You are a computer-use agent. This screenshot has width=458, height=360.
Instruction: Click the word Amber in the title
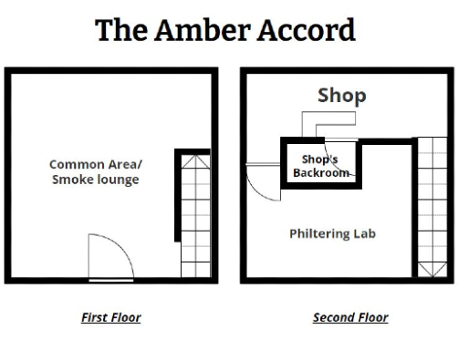pyautogui.click(x=203, y=30)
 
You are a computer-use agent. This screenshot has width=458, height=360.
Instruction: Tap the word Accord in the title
pyautogui.click(x=307, y=30)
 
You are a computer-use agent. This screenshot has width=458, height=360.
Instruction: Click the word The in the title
pyautogui.click(x=121, y=30)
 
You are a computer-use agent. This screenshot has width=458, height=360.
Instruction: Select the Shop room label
pyautogui.click(x=342, y=97)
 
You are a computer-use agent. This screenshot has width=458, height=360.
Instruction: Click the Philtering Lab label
pyautogui.click(x=332, y=233)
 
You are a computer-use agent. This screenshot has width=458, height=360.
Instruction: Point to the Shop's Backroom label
pyautogui.click(x=320, y=166)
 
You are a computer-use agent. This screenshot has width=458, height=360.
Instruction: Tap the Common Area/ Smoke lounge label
pyautogui.click(x=96, y=172)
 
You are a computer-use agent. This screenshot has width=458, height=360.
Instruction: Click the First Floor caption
pyautogui.click(x=111, y=317)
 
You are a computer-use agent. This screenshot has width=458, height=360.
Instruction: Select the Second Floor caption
pyautogui.click(x=350, y=317)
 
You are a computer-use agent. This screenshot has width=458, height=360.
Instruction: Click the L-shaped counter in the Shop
pyautogui.click(x=328, y=118)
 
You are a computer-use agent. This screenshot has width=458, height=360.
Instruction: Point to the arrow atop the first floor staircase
pyautogui.click(x=195, y=162)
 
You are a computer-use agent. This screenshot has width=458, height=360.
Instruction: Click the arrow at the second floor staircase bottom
pyautogui.click(x=432, y=270)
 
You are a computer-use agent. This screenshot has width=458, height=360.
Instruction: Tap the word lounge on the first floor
pyautogui.click(x=117, y=180)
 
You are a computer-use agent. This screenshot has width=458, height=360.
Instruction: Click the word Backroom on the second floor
pyautogui.click(x=320, y=172)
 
